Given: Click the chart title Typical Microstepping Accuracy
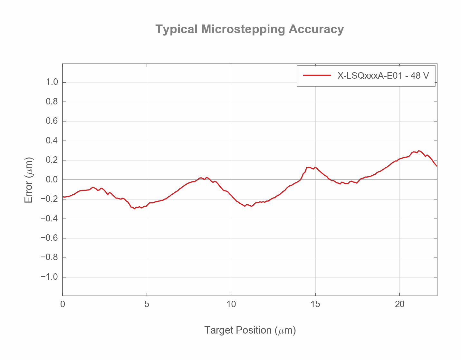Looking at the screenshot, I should (250, 29).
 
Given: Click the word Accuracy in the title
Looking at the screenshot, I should (316, 29).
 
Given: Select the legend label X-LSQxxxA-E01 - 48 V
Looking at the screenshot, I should (383, 75).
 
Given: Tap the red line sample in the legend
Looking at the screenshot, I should (317, 75).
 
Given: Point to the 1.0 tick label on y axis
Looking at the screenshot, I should (52, 82).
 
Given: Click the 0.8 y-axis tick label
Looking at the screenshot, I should (52, 102).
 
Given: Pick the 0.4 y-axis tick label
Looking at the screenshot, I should (52, 141).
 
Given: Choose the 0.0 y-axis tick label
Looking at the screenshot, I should (52, 180).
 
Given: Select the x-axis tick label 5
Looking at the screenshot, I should (147, 304).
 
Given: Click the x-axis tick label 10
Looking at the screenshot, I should (231, 304).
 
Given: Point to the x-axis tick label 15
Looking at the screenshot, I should (315, 304).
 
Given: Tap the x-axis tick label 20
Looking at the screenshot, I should (399, 304).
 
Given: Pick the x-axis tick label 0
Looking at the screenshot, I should (62, 304).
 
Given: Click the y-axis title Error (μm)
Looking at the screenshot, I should (29, 180).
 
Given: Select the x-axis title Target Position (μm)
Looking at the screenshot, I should (250, 330).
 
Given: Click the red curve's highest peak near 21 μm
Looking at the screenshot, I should (418, 151).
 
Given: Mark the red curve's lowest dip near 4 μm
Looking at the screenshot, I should (134, 209).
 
